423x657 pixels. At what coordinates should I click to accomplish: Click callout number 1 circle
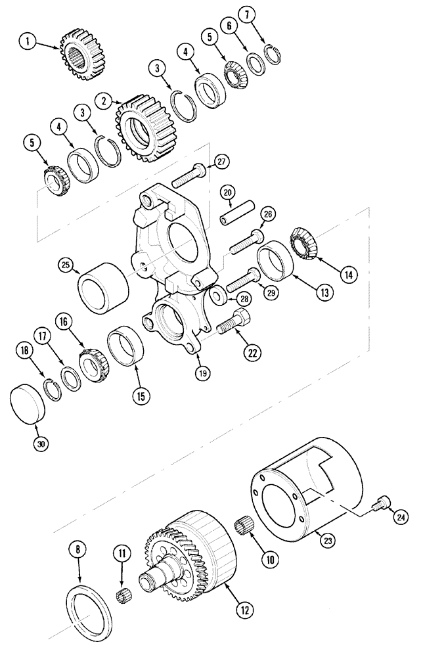tap(28, 42)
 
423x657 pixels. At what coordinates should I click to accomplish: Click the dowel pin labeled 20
tap(236, 215)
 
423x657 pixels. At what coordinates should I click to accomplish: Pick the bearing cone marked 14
tap(306, 246)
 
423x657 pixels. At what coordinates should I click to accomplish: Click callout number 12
tap(245, 610)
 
